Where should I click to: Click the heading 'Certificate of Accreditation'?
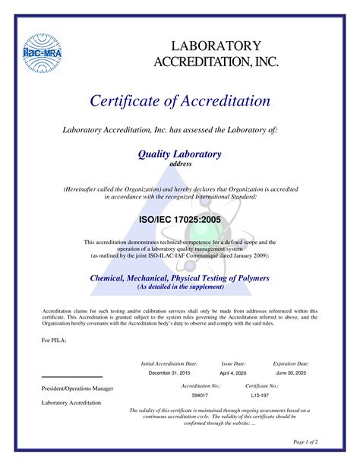click(x=180, y=100)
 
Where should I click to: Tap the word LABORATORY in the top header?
click(x=216, y=46)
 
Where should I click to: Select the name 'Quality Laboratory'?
click(x=179, y=154)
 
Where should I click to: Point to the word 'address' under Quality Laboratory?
click(x=180, y=164)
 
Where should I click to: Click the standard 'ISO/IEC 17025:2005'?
click(x=179, y=219)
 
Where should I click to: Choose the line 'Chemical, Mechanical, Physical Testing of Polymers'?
click(x=180, y=279)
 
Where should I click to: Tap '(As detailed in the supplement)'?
click(x=180, y=288)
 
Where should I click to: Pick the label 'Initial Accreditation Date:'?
click(x=169, y=364)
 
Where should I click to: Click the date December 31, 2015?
click(x=169, y=373)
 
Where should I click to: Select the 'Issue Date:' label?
click(x=233, y=364)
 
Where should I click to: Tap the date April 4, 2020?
click(x=233, y=373)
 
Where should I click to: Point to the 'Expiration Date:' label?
click(x=291, y=364)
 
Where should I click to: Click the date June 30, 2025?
click(x=291, y=373)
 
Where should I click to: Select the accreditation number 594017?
click(x=200, y=395)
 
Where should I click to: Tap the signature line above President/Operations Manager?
click(x=71, y=377)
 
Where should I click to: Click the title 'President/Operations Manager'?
click(x=77, y=388)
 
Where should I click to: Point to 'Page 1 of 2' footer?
click(x=305, y=441)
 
